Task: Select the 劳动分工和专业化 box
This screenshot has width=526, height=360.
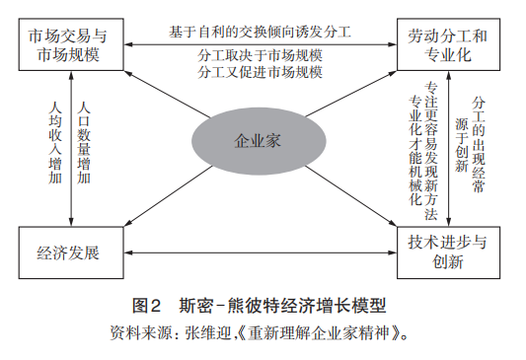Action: click(449, 45)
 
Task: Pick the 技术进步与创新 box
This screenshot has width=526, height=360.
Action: click(449, 252)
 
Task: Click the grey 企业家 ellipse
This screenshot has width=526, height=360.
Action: click(259, 140)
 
